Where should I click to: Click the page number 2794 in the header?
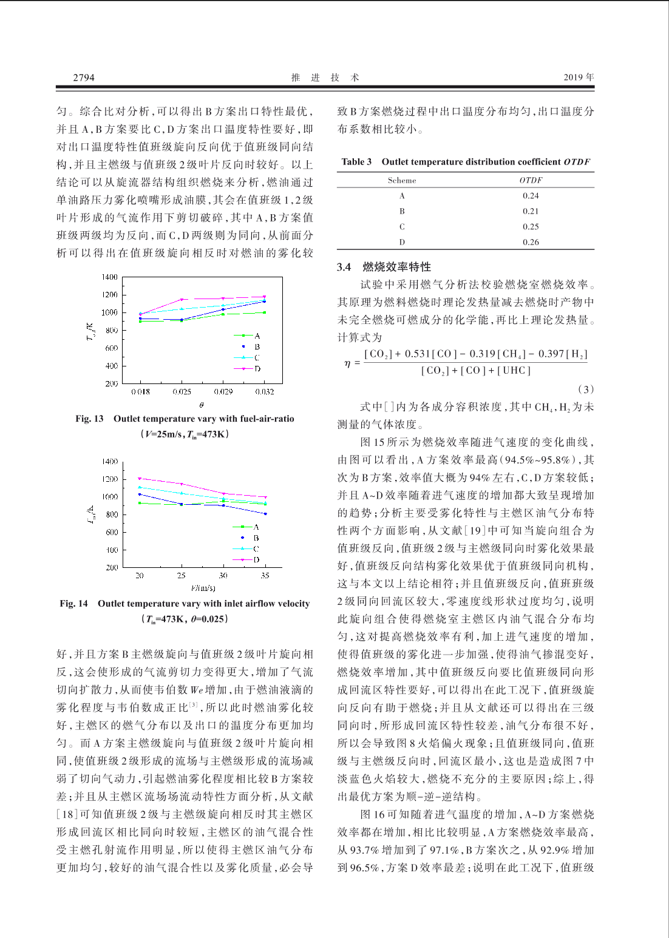(x=84, y=78)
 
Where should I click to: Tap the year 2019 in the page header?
(x=573, y=77)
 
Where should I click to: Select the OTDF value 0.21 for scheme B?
(x=531, y=211)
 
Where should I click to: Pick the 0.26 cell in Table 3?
(x=531, y=242)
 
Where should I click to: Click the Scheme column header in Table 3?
(x=402, y=180)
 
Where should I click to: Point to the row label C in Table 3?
(x=402, y=227)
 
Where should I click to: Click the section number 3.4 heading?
(x=344, y=267)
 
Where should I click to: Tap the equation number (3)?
(x=585, y=389)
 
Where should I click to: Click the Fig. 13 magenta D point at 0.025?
(x=182, y=300)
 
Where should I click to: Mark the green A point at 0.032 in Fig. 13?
(x=264, y=312)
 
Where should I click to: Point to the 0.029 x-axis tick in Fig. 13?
(x=223, y=392)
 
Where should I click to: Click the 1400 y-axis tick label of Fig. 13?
(x=110, y=277)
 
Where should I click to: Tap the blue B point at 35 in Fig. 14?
(x=265, y=514)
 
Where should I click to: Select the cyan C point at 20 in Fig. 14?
(x=140, y=487)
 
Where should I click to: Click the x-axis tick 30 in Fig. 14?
(x=223, y=576)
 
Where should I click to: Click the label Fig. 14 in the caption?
(x=73, y=604)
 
